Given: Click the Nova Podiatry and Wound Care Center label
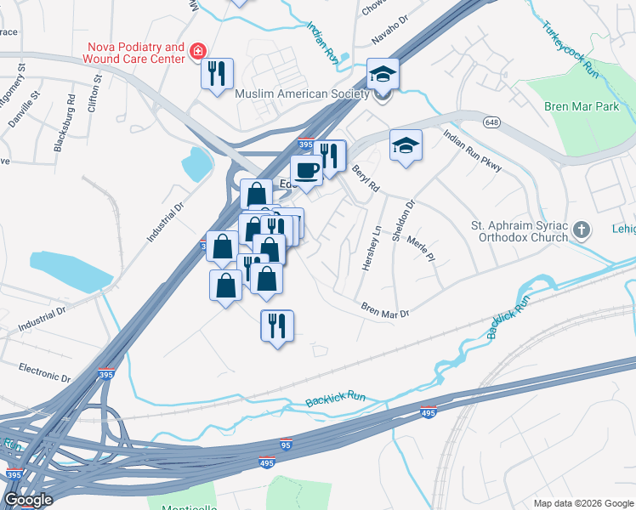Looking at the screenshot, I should (x=133, y=53).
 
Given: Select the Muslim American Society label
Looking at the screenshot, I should (x=303, y=93).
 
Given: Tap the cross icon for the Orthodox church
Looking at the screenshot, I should (x=581, y=229).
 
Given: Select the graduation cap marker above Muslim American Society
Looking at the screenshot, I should (x=383, y=74).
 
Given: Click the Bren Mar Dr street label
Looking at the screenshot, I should (x=385, y=311).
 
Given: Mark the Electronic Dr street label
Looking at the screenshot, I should (x=44, y=373).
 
